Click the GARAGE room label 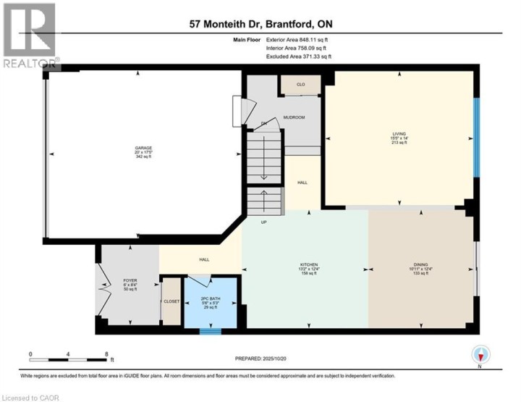[143, 148]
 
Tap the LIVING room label [399, 134]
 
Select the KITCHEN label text [309, 265]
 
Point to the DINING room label [421, 265]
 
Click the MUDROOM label [294, 117]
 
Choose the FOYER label [130, 280]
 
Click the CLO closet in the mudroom [300, 85]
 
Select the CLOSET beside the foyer [171, 301]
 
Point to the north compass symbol [480, 355]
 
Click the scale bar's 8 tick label [106, 354]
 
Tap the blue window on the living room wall [475, 138]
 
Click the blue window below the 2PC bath [209, 332]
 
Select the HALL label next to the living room [301, 183]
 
